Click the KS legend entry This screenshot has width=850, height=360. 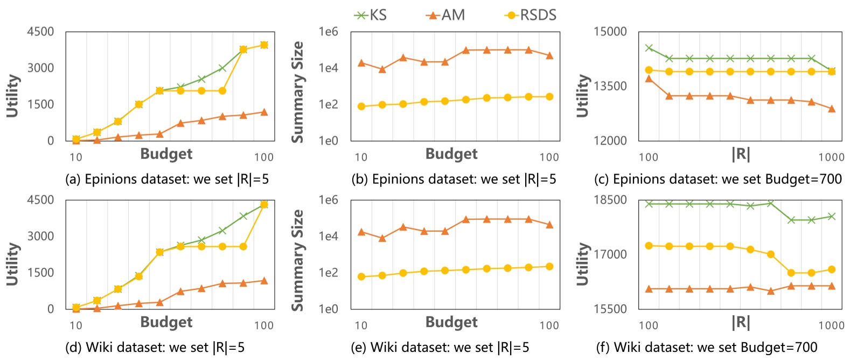371,15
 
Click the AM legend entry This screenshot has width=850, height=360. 445,15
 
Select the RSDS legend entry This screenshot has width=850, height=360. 531,15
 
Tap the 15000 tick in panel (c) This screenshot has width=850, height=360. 610,32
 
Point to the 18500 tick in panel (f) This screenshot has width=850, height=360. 610,200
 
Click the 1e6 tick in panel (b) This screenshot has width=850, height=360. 328,32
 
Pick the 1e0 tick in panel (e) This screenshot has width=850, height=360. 328,309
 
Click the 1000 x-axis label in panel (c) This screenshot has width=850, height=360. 831,157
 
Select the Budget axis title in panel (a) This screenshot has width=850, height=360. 166,154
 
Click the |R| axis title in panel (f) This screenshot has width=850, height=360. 741,322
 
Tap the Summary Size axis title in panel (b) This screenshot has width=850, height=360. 297,92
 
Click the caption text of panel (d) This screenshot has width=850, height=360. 155,348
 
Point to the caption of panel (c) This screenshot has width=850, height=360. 718,179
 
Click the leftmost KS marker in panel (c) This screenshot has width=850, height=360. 649,48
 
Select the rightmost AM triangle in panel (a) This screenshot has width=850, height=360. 264,112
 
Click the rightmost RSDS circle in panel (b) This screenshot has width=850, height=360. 549,97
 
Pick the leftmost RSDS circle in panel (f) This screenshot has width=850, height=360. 649,246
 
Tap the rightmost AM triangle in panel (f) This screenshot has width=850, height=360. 832,286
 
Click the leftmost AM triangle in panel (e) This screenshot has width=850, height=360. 361,232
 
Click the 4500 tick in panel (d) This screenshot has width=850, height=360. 41,200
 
